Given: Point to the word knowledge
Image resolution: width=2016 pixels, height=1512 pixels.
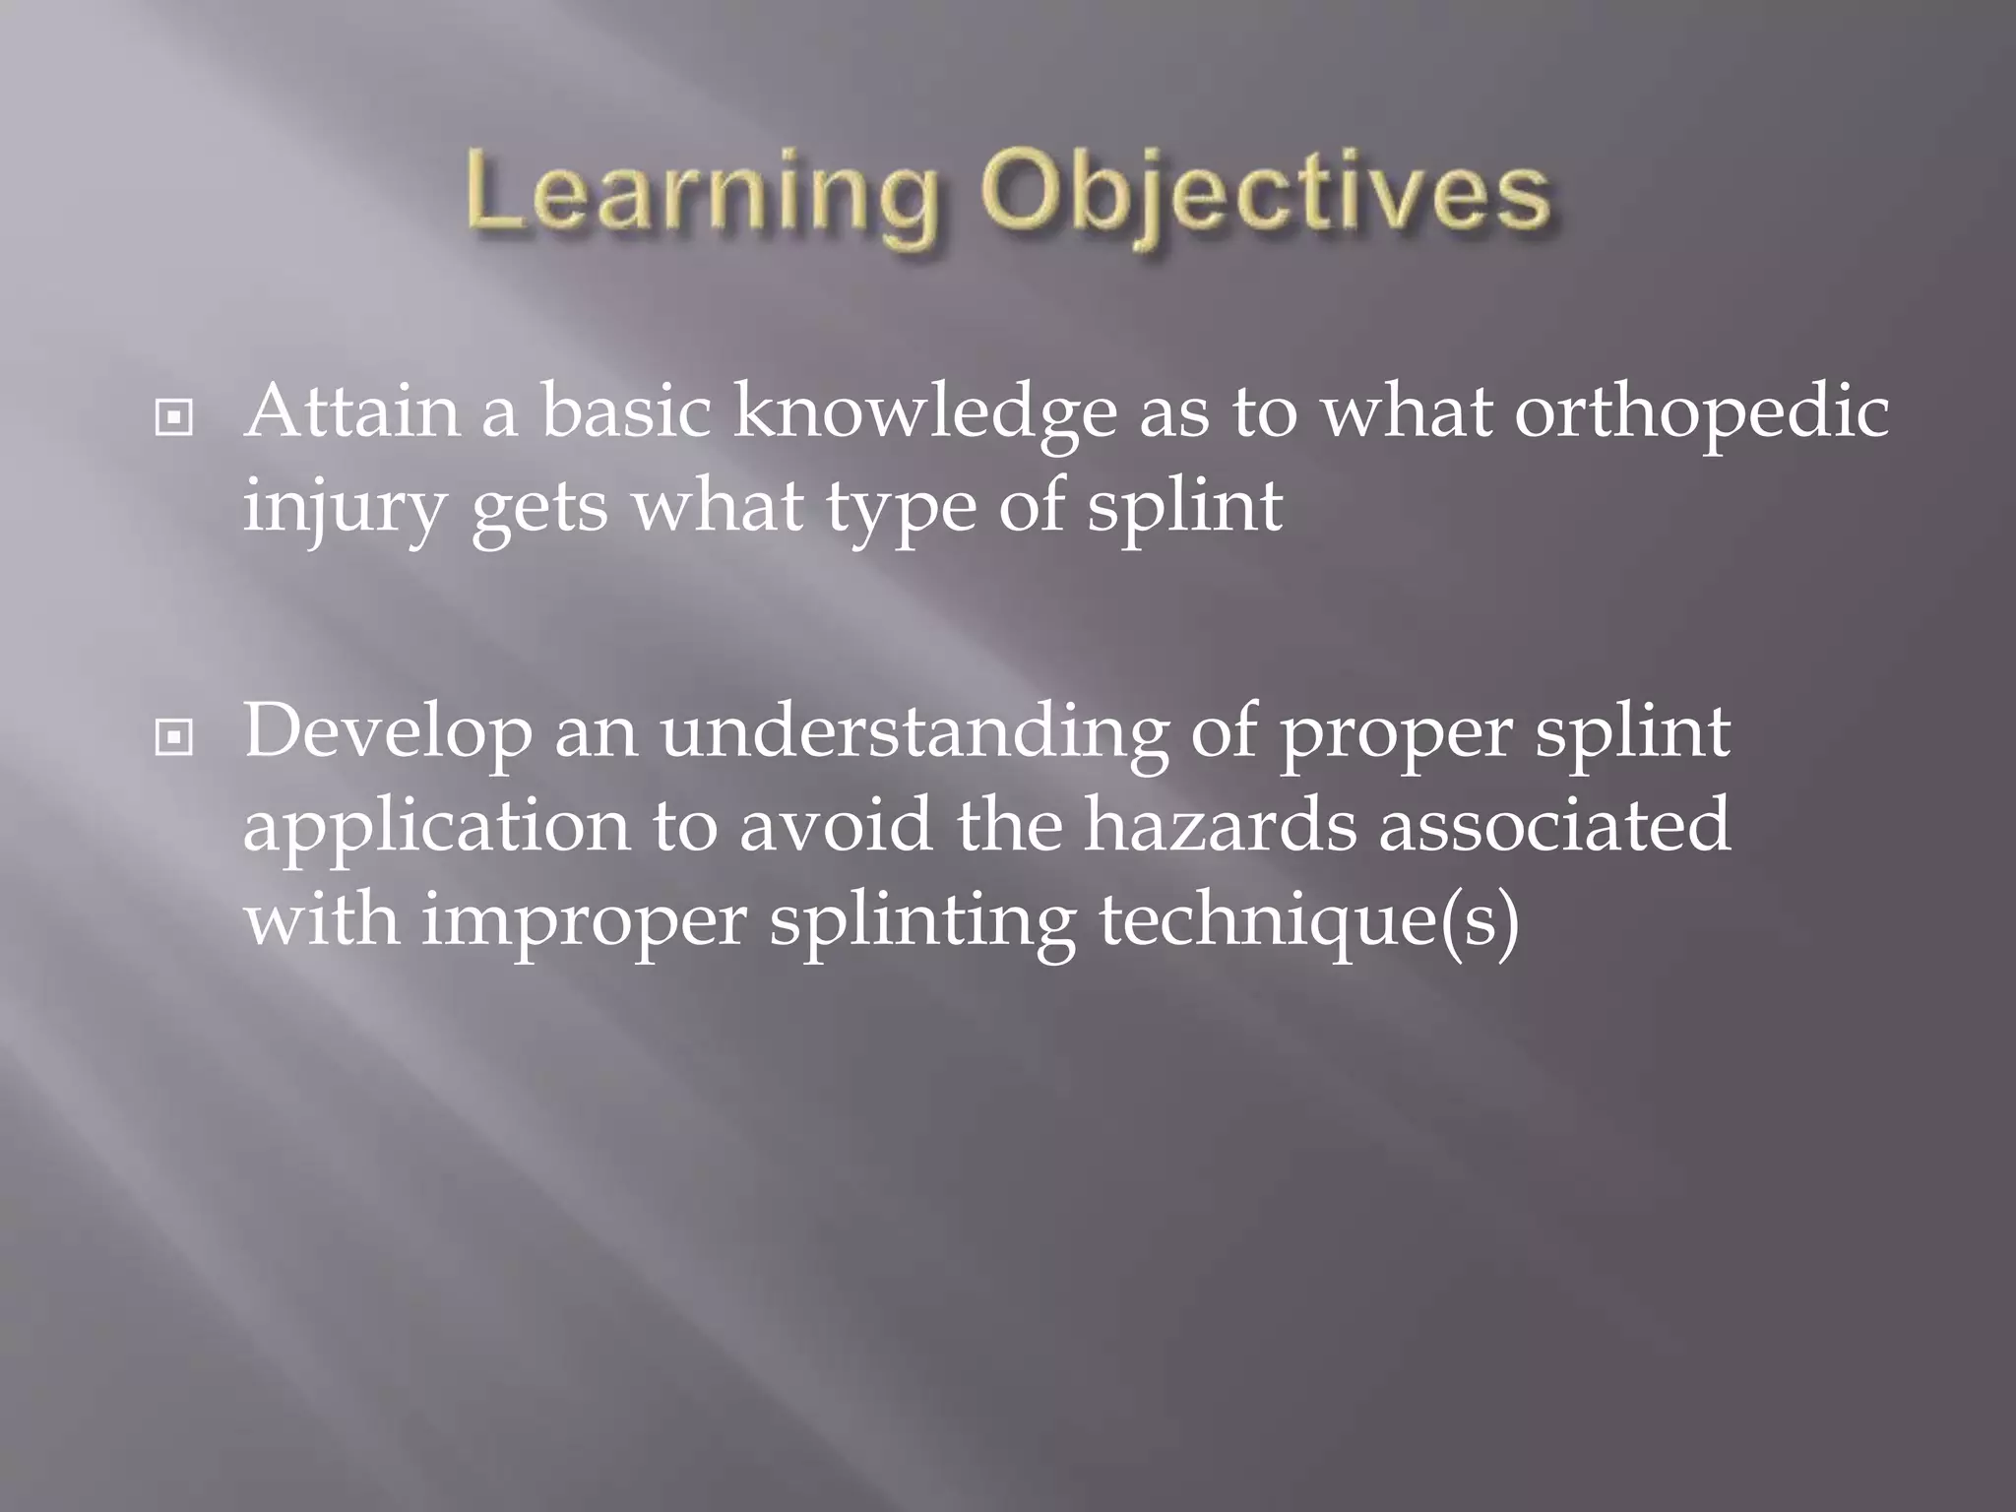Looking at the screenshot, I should tap(924, 413).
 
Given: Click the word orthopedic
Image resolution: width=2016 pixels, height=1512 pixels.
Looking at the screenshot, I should tap(1701, 413).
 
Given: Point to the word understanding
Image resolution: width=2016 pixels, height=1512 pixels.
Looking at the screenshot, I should tap(913, 733).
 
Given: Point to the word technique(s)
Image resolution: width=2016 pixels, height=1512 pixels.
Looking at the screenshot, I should tap(1308, 921).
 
